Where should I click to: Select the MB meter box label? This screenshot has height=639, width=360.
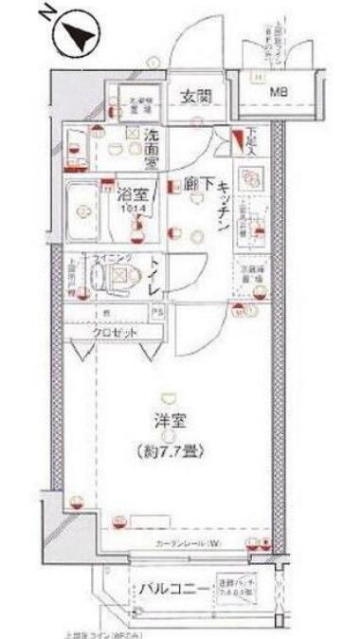point(279,92)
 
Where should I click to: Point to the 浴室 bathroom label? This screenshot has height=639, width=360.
point(130,196)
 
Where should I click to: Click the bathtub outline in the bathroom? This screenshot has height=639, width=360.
point(86,207)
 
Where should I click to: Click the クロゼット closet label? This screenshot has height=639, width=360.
point(115,333)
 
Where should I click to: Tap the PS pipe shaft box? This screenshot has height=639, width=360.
point(159,310)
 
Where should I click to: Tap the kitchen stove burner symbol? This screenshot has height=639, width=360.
point(250,177)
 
